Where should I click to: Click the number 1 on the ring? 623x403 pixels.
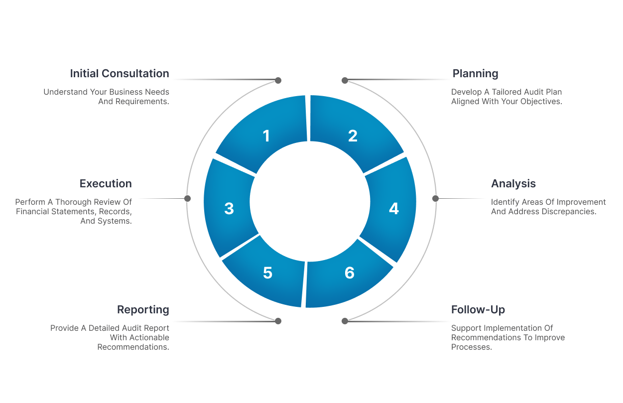tap(266, 136)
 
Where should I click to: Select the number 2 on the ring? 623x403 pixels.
tap(353, 136)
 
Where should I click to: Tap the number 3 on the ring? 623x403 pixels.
tap(229, 209)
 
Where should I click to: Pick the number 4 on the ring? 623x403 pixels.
tap(394, 209)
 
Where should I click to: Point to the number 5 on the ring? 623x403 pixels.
tap(267, 273)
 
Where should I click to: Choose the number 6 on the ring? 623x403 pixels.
tap(350, 273)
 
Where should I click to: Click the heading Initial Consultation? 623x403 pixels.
tap(120, 74)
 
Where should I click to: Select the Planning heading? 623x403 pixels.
tap(475, 74)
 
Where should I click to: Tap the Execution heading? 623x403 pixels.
tap(106, 184)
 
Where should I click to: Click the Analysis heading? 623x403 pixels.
tap(513, 184)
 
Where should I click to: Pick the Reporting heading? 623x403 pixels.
tap(143, 310)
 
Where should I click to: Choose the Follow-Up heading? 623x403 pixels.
tap(478, 310)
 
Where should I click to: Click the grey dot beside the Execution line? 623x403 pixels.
tap(187, 198)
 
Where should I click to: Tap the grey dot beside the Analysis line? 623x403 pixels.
tap(435, 198)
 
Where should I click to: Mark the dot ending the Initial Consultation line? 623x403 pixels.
tap(278, 80)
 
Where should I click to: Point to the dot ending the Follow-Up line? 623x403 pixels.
tap(345, 321)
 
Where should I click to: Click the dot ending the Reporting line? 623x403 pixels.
tap(278, 321)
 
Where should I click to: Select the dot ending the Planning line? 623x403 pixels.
tap(345, 80)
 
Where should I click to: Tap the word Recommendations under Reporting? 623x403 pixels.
tap(133, 347)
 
